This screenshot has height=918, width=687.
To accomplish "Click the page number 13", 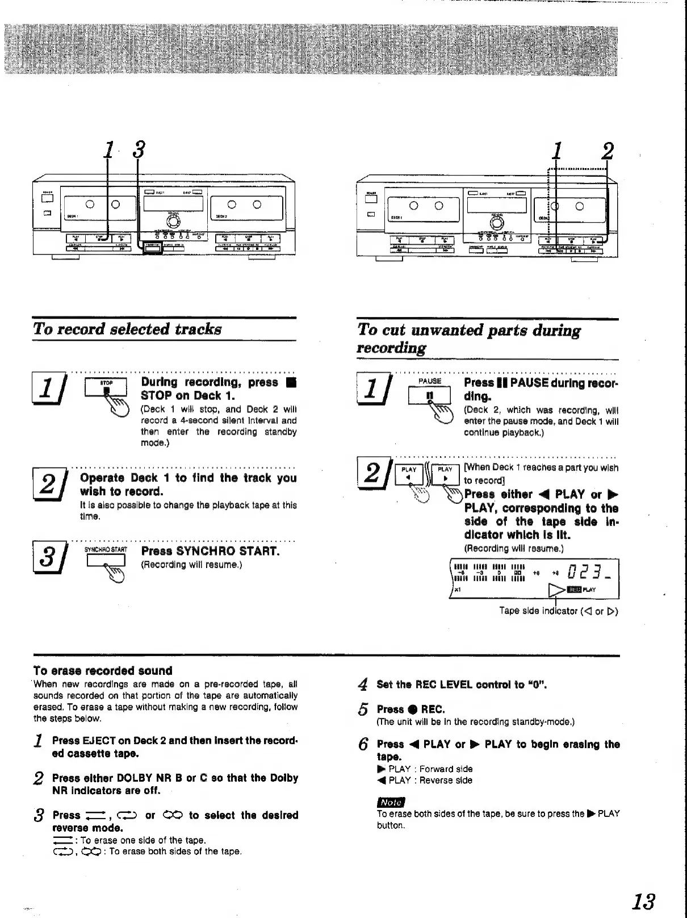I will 644,901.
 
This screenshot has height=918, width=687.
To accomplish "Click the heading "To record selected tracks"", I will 127,329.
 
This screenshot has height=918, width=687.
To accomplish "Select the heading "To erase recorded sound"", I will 103,670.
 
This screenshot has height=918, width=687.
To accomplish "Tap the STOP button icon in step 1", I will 106,385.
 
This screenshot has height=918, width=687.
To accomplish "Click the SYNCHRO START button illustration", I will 106,560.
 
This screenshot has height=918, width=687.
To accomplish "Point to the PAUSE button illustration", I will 429,394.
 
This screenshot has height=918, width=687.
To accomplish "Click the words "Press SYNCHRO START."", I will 211,551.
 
